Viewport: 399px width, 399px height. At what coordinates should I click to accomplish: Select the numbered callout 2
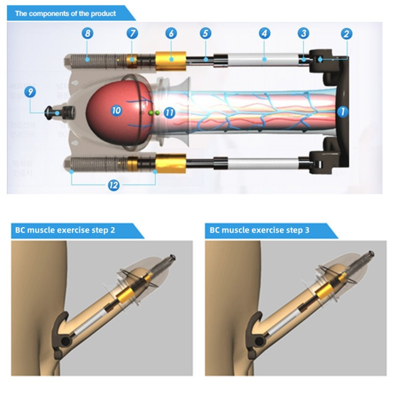346,34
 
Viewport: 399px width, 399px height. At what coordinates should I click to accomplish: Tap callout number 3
303,34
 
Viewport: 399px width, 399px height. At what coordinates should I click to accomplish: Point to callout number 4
264,34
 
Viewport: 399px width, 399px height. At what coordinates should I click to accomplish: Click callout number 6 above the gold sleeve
170,34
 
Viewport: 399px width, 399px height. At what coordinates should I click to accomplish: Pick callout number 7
131,34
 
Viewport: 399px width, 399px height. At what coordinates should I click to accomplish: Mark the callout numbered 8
88,34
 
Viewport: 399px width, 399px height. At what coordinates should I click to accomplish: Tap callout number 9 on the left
31,92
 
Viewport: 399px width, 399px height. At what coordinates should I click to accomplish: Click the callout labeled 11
169,112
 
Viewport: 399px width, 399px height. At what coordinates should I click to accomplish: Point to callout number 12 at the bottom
113,185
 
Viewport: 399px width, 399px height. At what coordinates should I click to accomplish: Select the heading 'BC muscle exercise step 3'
255,231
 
